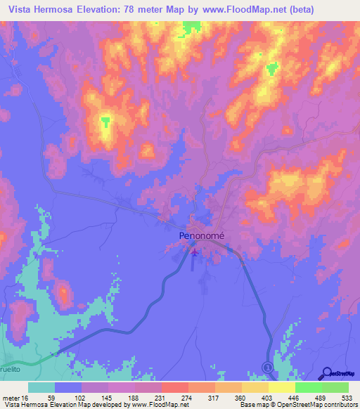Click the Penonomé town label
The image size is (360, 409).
(201, 237)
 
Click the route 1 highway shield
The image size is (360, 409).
(267, 367)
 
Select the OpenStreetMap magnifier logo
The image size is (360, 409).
(327, 372)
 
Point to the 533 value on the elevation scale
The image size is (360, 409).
(347, 397)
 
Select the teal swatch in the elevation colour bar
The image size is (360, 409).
(41, 387)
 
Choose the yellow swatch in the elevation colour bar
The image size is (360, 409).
(281, 387)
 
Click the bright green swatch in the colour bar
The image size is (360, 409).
(308, 387)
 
